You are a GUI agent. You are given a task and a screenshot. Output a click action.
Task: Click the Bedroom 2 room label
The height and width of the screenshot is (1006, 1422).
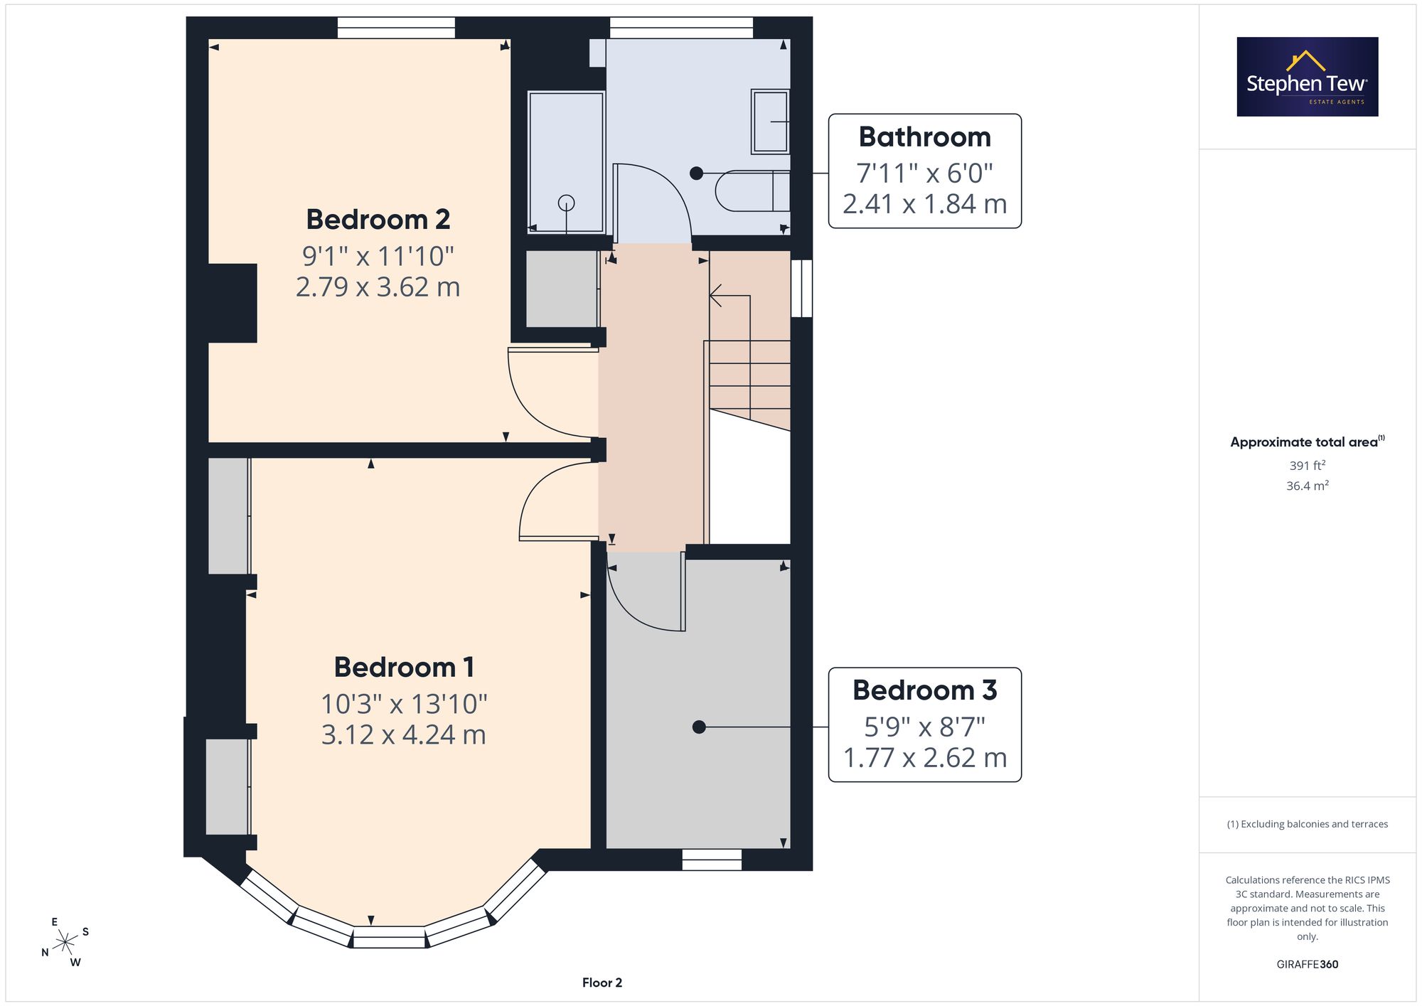pyautogui.click(x=378, y=220)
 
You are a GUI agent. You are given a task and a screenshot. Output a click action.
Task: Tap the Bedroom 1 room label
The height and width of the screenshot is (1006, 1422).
pyautogui.click(x=404, y=668)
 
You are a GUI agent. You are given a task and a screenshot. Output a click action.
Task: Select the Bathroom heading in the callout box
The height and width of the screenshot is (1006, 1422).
pyautogui.click(x=924, y=137)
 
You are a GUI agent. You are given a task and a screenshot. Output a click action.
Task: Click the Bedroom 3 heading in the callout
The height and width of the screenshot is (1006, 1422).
pyautogui.click(x=924, y=690)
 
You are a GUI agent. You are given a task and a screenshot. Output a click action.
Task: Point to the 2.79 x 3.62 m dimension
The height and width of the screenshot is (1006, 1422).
pyautogui.click(x=378, y=287)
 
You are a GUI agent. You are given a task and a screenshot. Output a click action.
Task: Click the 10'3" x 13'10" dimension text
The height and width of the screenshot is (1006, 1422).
pyautogui.click(x=404, y=704)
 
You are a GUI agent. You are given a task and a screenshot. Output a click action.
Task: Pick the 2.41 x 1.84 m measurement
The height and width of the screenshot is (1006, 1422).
pyautogui.click(x=924, y=204)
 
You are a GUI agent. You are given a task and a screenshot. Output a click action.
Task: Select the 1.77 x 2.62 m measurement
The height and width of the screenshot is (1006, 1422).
pyautogui.click(x=924, y=758)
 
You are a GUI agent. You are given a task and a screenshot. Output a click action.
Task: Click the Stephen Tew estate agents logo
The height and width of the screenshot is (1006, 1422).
pyautogui.click(x=1308, y=77)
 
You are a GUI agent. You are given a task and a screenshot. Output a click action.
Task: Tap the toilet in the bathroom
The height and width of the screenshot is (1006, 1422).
pyautogui.click(x=752, y=191)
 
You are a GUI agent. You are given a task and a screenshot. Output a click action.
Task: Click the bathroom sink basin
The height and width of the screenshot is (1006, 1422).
pyautogui.click(x=770, y=122)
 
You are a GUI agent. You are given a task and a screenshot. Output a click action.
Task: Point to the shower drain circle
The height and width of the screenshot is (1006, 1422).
pyautogui.click(x=566, y=203)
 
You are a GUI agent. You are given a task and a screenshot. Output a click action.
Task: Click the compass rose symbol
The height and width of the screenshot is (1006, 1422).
pyautogui.click(x=65, y=943)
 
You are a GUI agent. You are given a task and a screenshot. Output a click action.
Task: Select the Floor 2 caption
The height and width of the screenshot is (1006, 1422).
pyautogui.click(x=602, y=983)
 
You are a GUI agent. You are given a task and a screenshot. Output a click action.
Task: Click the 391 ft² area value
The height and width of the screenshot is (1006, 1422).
pyautogui.click(x=1308, y=466)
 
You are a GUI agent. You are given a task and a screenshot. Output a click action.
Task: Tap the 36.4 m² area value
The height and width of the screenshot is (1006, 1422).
pyautogui.click(x=1308, y=486)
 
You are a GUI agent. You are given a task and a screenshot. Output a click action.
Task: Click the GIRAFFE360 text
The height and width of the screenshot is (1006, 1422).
pyautogui.click(x=1308, y=965)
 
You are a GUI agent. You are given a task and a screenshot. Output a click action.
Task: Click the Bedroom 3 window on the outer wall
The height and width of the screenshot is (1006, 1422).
pyautogui.click(x=712, y=860)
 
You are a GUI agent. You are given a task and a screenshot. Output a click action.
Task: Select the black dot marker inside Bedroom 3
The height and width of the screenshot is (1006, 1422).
pyautogui.click(x=699, y=727)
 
